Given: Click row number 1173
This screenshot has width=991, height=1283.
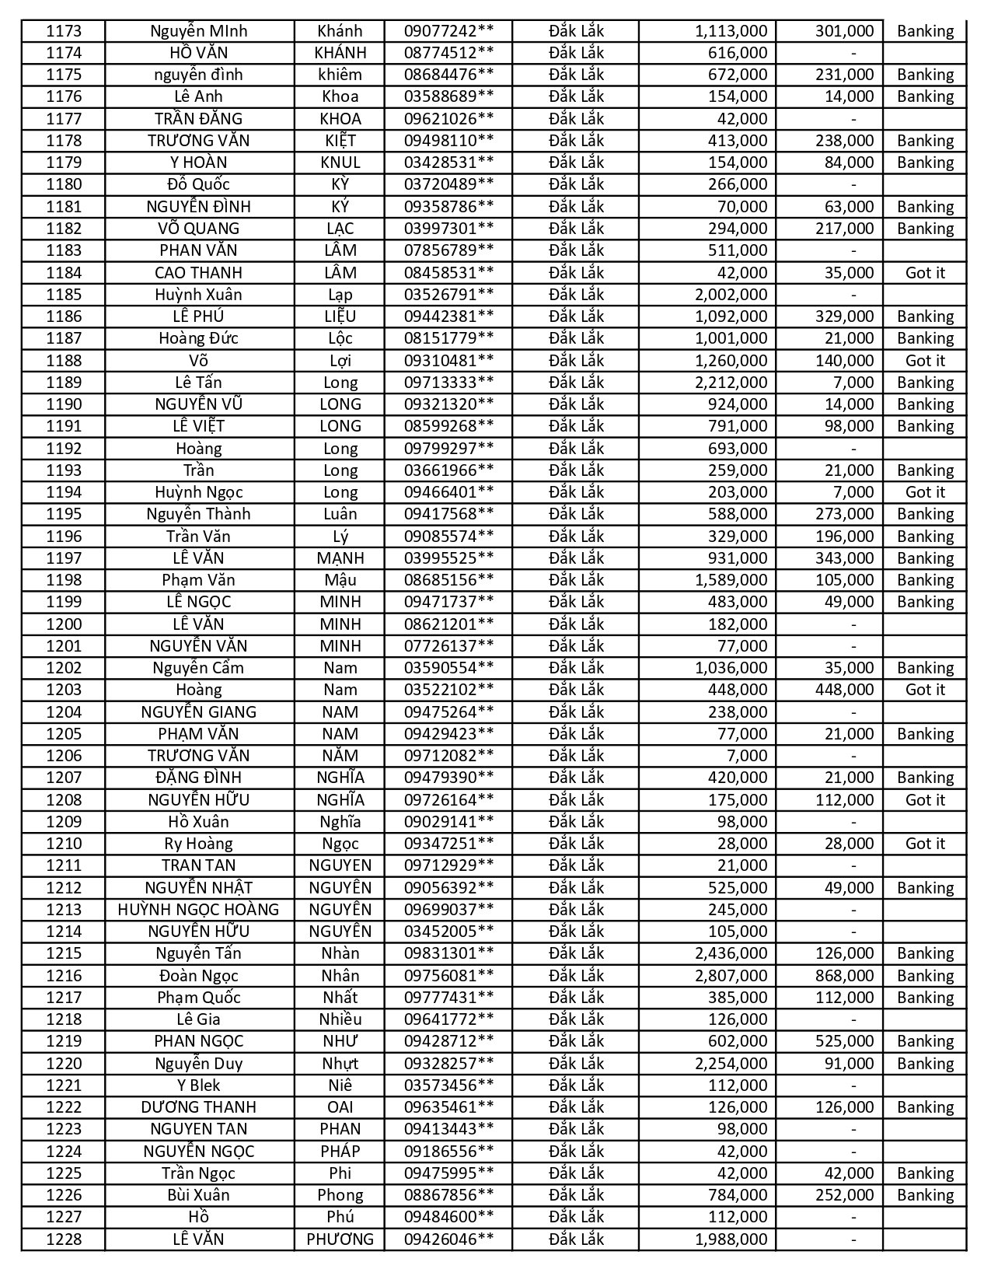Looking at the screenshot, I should click(x=64, y=31).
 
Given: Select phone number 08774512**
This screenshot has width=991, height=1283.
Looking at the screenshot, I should click(x=448, y=53).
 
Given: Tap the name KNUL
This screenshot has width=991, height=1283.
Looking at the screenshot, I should click(x=340, y=163).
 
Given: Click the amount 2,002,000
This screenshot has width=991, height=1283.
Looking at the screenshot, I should click(x=731, y=295).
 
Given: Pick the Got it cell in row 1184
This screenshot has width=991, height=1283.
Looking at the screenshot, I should click(x=925, y=273).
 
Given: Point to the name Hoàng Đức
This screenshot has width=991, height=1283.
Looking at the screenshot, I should click(x=198, y=338).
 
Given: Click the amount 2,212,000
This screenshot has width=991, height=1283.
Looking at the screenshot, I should click(x=731, y=383).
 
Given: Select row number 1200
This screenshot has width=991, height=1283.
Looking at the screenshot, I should click(x=64, y=624).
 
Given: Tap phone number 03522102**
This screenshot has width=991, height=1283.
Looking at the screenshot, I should click(x=448, y=690).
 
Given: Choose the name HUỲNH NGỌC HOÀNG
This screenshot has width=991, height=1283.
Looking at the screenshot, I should click(x=198, y=910).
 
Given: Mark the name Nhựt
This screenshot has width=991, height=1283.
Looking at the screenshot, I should click(x=340, y=1064).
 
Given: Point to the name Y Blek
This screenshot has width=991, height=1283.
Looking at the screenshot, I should click(x=198, y=1085).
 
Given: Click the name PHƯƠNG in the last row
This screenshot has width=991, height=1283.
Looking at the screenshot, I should click(x=340, y=1239).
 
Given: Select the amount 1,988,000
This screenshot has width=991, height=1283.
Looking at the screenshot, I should click(x=731, y=1239).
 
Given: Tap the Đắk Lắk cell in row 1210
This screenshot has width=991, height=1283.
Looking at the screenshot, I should click(x=576, y=844).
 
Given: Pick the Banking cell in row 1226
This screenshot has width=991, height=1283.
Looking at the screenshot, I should click(x=925, y=1195).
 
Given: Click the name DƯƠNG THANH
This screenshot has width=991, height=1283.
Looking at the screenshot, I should click(x=198, y=1107).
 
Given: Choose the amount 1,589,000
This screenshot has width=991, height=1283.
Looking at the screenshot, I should click(x=731, y=580).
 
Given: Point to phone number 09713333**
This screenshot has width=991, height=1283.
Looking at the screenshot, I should click(x=448, y=383).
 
